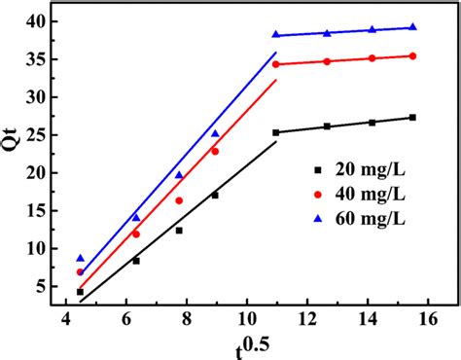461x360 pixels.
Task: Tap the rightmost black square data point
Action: coord(413,118)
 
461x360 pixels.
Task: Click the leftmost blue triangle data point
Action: coord(80,258)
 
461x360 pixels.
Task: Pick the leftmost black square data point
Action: coord(80,291)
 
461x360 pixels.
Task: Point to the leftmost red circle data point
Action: coord(80,272)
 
